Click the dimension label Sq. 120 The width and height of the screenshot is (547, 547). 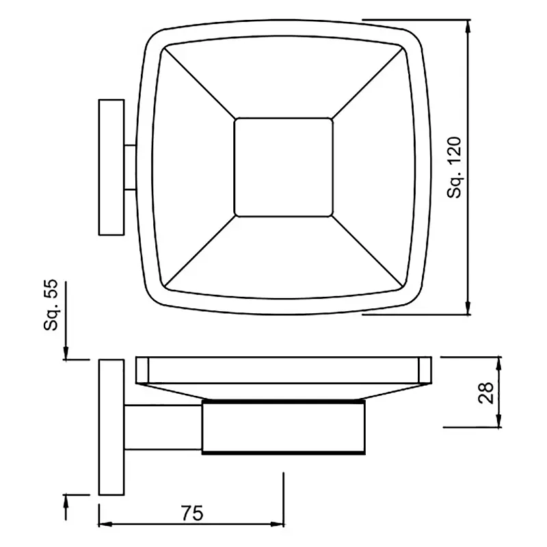455,168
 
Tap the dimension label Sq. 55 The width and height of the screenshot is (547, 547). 51,304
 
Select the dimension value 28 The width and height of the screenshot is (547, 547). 486,392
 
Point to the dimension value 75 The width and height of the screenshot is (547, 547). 192,513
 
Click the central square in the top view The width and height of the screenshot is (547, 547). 284,168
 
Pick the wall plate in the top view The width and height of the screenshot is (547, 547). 111,168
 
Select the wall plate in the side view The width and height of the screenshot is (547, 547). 111,427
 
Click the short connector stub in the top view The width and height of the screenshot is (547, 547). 130,168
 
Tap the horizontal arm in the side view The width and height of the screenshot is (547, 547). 163,427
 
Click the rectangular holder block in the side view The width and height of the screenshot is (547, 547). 284,427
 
